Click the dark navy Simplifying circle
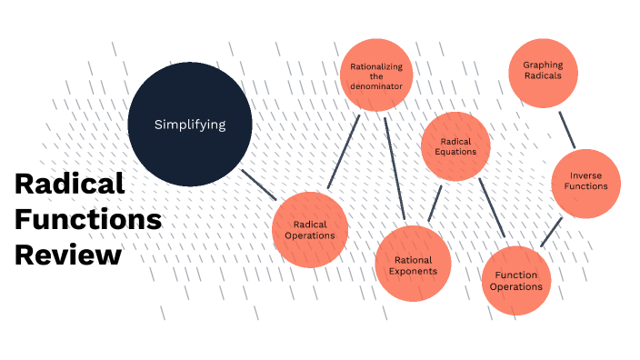[x=189, y=125]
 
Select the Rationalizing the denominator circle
[x=375, y=75]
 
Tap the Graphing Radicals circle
[x=542, y=71]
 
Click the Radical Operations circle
[x=308, y=229]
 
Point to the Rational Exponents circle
[x=413, y=264]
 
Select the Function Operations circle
[x=516, y=280]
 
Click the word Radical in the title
[x=69, y=184]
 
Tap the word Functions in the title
[x=88, y=219]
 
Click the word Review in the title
[x=68, y=255]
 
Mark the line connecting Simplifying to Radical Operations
[x=259, y=185]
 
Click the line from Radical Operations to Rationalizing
[x=344, y=152]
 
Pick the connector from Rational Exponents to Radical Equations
[x=435, y=204]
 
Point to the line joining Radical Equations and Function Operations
[x=491, y=206]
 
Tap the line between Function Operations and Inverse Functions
[x=551, y=232]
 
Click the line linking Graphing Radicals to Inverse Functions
[x=567, y=130]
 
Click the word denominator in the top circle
[x=375, y=86]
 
